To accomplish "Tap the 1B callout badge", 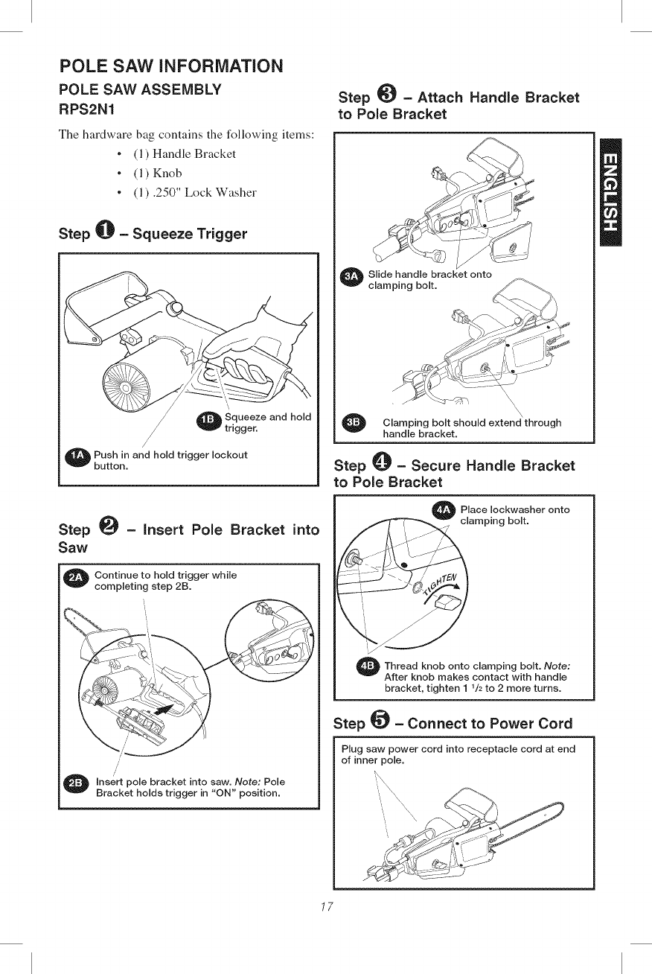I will click(x=209, y=421).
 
